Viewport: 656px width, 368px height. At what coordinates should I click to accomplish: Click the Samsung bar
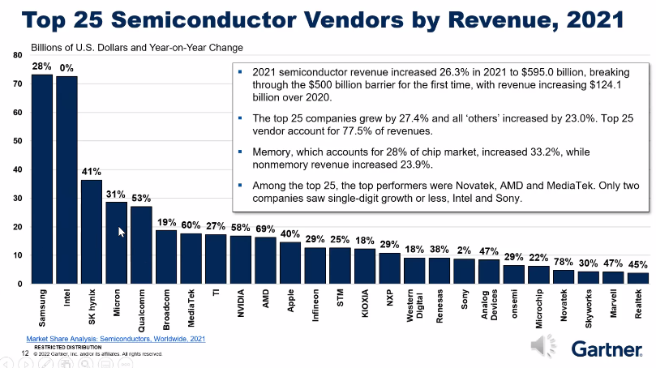coord(42,178)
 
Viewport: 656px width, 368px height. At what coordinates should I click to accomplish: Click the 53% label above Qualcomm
coord(141,198)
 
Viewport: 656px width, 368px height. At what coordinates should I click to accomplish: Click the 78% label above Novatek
coord(564,262)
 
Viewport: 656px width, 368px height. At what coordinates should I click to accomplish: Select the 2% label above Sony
coord(465,250)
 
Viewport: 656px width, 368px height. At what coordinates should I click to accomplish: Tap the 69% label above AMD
coord(265,229)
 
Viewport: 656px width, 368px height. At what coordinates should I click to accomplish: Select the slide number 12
coord(25,353)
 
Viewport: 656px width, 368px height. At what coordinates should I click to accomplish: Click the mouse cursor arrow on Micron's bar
coord(122,232)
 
